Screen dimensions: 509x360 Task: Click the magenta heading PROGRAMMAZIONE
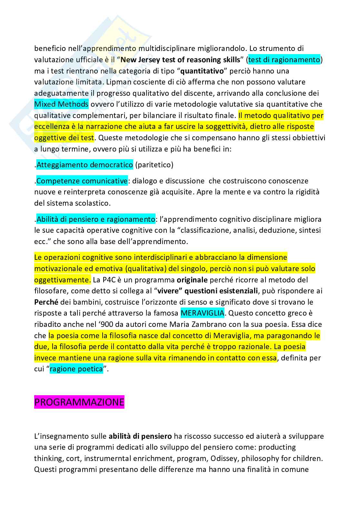[x=79, y=402]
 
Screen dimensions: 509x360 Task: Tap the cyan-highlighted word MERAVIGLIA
[x=202, y=313]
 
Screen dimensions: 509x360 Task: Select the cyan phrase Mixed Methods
[x=61, y=104]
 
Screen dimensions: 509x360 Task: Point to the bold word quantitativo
[x=202, y=71]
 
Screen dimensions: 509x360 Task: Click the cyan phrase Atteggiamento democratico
[x=85, y=165]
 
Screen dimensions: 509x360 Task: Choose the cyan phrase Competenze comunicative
[x=82, y=181]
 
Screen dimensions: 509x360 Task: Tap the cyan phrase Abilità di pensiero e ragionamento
[x=96, y=220]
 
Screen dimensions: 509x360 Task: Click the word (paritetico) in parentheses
[x=154, y=165]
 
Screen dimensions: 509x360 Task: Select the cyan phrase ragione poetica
[x=76, y=369]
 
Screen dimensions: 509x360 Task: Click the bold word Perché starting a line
[x=46, y=302]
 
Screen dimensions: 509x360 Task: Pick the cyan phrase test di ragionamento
[x=284, y=60]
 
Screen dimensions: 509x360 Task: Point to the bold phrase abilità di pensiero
[x=140, y=436]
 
